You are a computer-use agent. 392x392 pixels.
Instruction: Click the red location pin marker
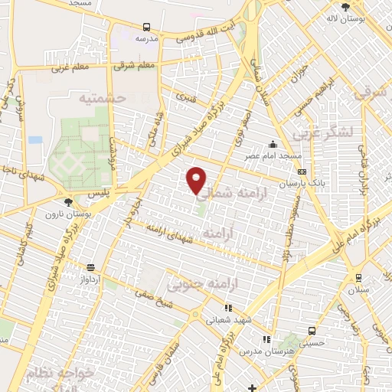[197, 180]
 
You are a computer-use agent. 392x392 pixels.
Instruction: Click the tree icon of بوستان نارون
[69, 202]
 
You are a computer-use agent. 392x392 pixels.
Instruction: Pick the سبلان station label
[358, 291]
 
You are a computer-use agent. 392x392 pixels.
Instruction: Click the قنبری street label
[187, 97]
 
